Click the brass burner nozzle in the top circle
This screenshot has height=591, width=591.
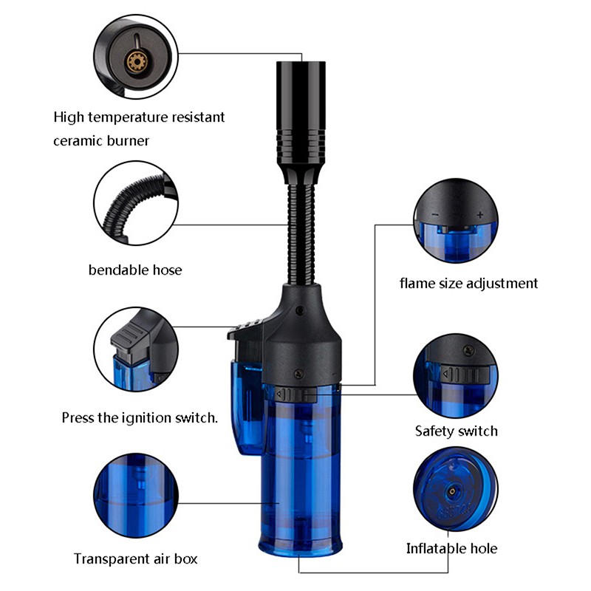click(x=135, y=61)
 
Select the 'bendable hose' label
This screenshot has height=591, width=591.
click(x=135, y=270)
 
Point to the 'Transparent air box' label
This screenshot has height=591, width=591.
click(x=135, y=558)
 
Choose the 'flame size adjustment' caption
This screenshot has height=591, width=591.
click(x=468, y=284)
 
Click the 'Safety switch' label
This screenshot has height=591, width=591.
click(x=456, y=431)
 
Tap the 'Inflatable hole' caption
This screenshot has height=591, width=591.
click(x=451, y=548)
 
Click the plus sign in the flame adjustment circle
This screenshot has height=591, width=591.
click(x=479, y=215)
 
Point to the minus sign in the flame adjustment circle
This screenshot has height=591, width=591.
click(x=436, y=215)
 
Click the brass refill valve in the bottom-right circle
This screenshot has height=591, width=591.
click(x=451, y=491)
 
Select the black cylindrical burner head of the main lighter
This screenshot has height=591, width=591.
click(x=301, y=114)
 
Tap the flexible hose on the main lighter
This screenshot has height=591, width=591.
click(x=301, y=234)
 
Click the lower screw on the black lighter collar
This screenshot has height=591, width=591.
click(x=299, y=374)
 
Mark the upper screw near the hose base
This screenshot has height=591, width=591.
click(x=301, y=310)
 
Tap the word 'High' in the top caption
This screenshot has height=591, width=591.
click(x=69, y=117)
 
